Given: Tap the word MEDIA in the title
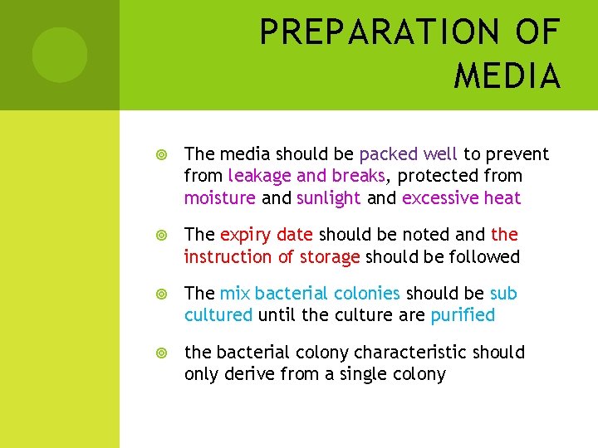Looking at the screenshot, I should pyautogui.click(x=507, y=76).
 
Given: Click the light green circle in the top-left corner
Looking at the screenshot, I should pyautogui.click(x=60, y=55).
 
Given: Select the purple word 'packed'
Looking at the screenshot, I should pyautogui.click(x=389, y=154).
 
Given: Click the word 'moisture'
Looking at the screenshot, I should pyautogui.click(x=220, y=198).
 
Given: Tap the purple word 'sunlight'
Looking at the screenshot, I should pyautogui.click(x=328, y=198).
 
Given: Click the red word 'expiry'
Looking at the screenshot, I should pyautogui.click(x=245, y=236).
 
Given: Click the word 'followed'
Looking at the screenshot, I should pyautogui.click(x=484, y=257).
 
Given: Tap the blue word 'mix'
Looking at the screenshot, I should pyautogui.click(x=235, y=294).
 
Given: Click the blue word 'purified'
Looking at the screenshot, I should pyautogui.click(x=463, y=315).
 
